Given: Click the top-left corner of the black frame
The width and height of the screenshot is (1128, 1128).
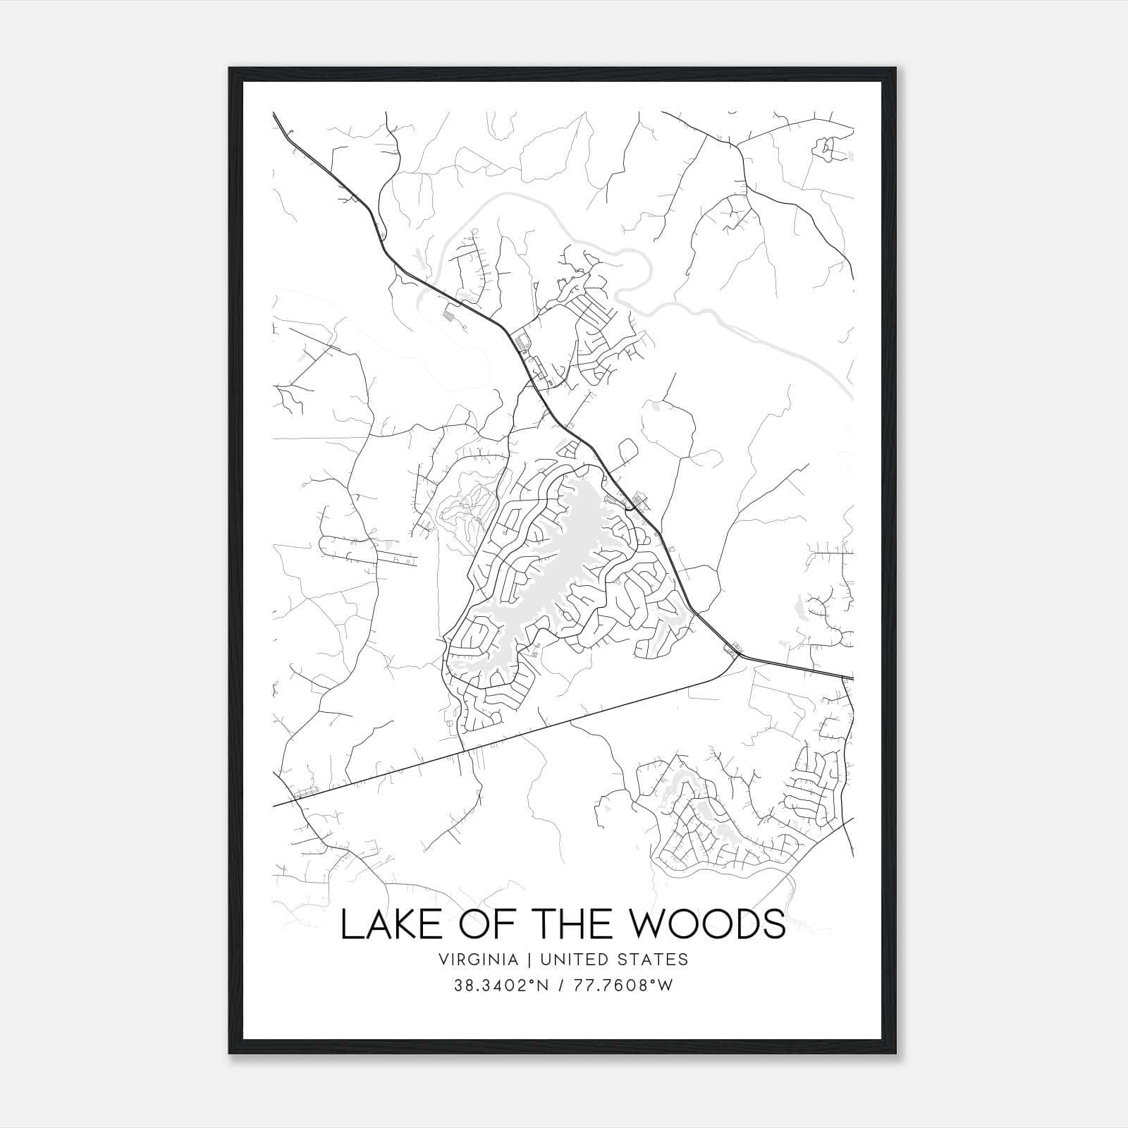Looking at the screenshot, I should pyautogui.click(x=231, y=69).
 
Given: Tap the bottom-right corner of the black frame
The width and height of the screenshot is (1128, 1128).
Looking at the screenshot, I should pyautogui.click(x=897, y=1053).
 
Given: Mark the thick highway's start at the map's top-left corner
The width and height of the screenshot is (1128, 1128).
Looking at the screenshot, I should pyautogui.click(x=274, y=114).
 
